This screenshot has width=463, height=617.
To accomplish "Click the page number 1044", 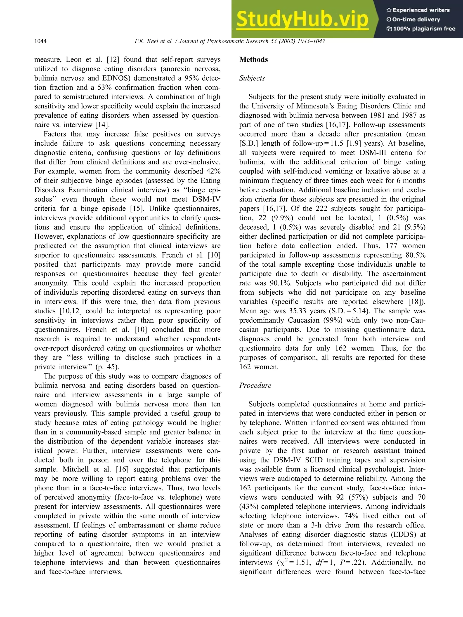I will [x=40, y=41].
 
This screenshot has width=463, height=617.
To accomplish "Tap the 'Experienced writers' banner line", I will [x=418, y=10].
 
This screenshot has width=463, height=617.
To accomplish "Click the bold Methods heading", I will [x=253, y=59].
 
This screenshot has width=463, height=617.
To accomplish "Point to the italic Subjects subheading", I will [x=252, y=78].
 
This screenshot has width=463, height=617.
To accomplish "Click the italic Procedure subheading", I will [x=255, y=385].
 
